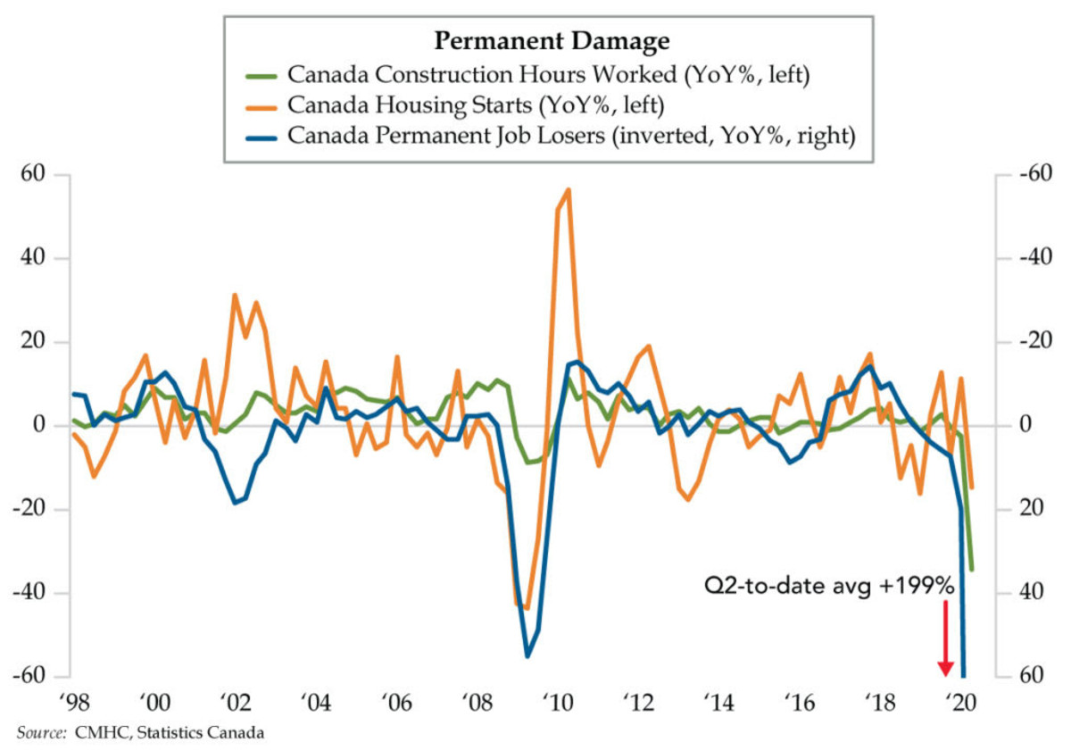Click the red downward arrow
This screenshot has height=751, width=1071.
[945, 638]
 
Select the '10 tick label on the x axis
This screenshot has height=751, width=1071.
[560, 700]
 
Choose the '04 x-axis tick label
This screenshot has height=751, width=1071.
[316, 700]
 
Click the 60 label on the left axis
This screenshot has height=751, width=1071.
[34, 174]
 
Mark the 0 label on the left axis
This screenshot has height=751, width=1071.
[40, 426]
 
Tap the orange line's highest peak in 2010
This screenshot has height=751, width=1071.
[568, 189]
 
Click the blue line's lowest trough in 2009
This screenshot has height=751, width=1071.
[527, 656]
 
